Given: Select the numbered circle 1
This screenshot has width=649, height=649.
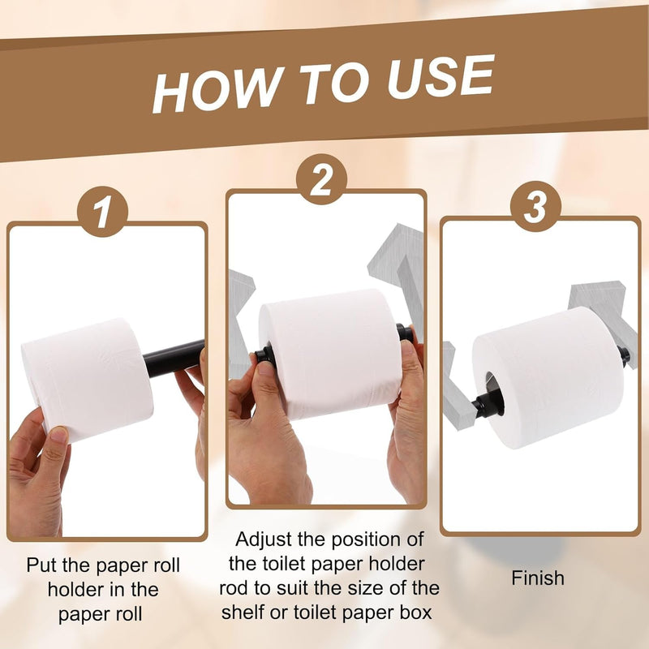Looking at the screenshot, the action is pyautogui.click(x=102, y=212).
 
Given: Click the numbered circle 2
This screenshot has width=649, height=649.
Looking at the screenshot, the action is pyautogui.click(x=321, y=179).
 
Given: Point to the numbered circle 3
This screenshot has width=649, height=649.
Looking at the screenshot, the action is pyautogui.click(x=535, y=206).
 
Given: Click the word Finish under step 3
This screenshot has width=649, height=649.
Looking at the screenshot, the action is pyautogui.click(x=538, y=578).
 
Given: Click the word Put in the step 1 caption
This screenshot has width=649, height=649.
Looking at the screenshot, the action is pyautogui.click(x=41, y=565).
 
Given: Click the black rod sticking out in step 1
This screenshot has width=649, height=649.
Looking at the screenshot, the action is pyautogui.click(x=174, y=359).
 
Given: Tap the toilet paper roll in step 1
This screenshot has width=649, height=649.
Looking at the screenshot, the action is pyautogui.click(x=88, y=380).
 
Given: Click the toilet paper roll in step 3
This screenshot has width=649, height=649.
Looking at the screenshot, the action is pyautogui.click(x=548, y=377).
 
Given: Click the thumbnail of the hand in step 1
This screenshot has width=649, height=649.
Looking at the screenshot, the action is pyautogui.click(x=58, y=435).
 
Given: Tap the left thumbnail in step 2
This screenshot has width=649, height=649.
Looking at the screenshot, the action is pyautogui.click(x=266, y=368).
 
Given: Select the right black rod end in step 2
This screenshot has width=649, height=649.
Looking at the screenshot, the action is pyautogui.click(x=405, y=333).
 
